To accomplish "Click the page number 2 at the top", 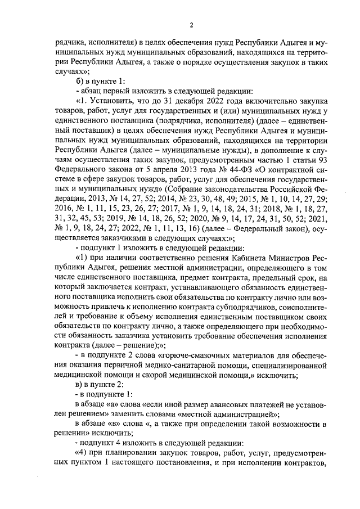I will tap(191, 25).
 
